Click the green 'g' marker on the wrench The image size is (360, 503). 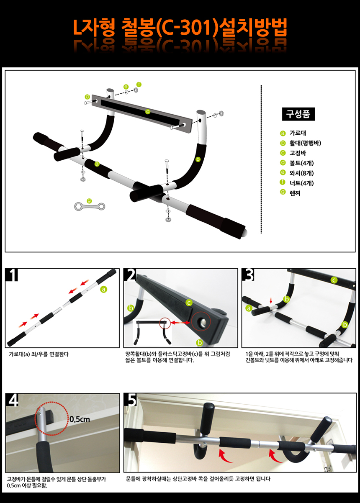pyautogui.click(x=89, y=201)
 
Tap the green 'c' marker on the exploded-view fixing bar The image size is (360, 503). pyautogui.click(x=147, y=112)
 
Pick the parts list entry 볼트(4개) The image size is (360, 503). pyautogui.click(x=301, y=163)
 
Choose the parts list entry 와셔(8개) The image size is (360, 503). pyautogui.click(x=301, y=173)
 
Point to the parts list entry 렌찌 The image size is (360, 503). pyautogui.click(x=295, y=193)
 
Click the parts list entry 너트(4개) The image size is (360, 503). pyautogui.click(x=301, y=183)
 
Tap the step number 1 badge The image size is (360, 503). pyautogui.click(x=13, y=275)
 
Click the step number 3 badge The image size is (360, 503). pyautogui.click(x=249, y=275)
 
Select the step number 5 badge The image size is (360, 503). pyautogui.click(x=131, y=400)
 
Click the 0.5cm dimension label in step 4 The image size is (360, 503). pyautogui.click(x=80, y=418)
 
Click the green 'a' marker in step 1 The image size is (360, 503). pyautogui.click(x=103, y=289)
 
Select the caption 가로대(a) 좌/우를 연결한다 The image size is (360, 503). pyautogui.click(x=39, y=354)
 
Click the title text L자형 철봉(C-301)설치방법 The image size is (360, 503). pyautogui.click(x=180, y=28)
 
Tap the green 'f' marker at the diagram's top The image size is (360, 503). pyautogui.click(x=139, y=84)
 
